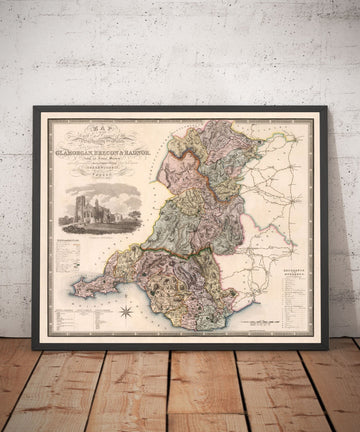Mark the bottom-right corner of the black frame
coord(327,348)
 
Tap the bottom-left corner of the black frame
coord(34,348)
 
